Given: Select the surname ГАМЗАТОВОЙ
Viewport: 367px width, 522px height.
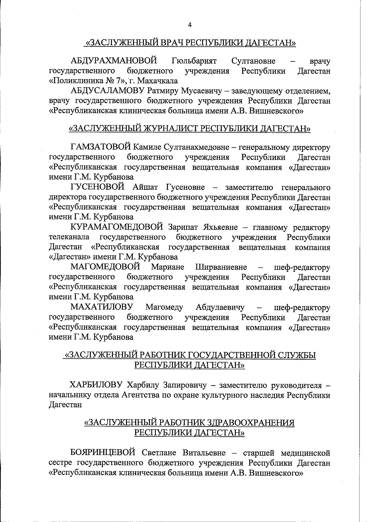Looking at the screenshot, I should [x=101, y=147].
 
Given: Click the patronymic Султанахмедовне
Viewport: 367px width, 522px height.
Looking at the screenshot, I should [x=197, y=147].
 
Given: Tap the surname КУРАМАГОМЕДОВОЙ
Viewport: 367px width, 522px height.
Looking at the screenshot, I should [x=117, y=227].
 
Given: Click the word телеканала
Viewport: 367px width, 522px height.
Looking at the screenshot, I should [x=69, y=237].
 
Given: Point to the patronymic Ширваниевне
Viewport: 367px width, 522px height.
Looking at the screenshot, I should [x=221, y=267].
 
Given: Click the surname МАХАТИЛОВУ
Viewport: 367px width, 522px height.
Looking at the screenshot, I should [x=102, y=307].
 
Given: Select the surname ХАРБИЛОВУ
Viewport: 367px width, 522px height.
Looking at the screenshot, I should [x=96, y=385].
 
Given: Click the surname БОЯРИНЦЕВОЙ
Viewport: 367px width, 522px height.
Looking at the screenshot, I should [x=103, y=453].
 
